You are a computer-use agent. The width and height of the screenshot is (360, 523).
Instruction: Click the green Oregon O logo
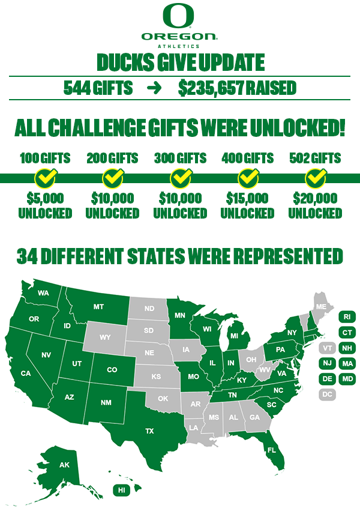(179, 16)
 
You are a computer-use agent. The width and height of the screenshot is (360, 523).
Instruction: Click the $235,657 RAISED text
(237, 88)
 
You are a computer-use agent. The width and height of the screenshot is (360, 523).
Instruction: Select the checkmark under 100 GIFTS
(45, 178)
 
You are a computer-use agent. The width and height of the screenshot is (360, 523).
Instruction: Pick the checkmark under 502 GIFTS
(314, 178)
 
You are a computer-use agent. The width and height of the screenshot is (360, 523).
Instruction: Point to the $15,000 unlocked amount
(247, 198)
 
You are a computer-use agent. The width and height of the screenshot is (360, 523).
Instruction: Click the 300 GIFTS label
(180, 159)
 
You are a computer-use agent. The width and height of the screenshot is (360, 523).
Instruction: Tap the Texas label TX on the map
(150, 431)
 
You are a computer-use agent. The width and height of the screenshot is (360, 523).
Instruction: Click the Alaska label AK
(64, 465)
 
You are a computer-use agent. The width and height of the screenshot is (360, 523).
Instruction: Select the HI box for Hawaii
(122, 490)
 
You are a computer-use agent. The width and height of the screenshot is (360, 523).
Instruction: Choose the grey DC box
(327, 395)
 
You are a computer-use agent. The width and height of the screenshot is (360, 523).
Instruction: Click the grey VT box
(327, 348)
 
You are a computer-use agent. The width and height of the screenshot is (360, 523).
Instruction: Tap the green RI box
(347, 316)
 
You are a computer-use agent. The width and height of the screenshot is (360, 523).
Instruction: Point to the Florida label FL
(272, 450)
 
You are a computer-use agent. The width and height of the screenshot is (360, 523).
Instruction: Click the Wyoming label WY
(106, 337)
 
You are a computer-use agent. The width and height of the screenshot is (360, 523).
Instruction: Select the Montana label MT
(98, 307)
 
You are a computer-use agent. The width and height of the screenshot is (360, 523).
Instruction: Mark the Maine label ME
(321, 306)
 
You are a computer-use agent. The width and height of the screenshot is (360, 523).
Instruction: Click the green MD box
(347, 379)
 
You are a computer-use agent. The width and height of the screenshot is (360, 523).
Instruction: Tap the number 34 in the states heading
(28, 256)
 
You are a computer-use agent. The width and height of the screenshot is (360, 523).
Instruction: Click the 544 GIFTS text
(98, 88)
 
